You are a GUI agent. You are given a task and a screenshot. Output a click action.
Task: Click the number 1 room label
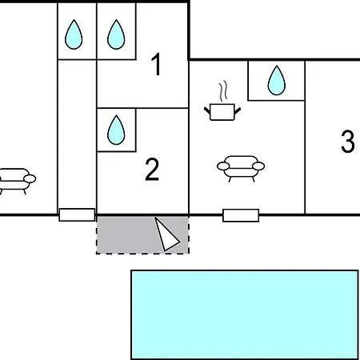point(157,64)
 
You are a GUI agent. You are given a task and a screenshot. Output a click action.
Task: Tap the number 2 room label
point(152,170)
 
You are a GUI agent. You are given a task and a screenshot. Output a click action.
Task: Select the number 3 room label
point(348,142)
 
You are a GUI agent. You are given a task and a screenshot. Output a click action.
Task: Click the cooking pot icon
point(222,112)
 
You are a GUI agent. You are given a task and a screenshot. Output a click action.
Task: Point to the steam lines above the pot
point(223,91)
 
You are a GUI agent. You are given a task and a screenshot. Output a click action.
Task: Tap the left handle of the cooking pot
point(207,110)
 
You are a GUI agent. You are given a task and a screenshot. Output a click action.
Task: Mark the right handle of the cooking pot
point(238,110)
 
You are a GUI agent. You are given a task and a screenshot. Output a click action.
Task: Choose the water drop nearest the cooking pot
point(277,80)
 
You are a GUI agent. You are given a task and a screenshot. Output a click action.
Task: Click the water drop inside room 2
point(116,130)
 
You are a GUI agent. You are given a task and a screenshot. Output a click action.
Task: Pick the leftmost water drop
point(74,34)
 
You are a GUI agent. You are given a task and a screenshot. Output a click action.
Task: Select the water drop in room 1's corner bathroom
point(116,34)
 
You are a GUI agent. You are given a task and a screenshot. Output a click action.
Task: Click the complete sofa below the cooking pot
point(241,169)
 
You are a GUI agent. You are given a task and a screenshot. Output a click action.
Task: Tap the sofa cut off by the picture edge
point(16,181)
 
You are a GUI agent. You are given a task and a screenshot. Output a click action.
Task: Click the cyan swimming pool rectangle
point(245,314)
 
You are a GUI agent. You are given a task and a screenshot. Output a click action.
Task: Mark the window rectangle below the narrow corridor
point(77,214)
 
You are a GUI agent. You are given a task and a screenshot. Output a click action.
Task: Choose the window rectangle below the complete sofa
point(241,215)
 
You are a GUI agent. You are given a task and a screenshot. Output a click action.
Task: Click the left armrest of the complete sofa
point(223,166)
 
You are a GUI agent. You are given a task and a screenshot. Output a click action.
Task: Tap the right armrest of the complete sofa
point(258,166)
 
